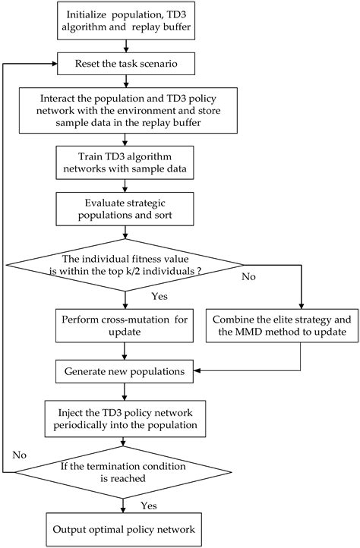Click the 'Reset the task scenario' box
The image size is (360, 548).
tap(126, 64)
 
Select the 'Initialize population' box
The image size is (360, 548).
tap(126, 20)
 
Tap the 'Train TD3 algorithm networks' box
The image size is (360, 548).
tap(125, 162)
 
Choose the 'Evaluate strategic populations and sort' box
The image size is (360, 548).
tap(125, 209)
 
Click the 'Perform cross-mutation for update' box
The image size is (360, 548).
tap(125, 326)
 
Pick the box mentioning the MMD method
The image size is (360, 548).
tap(282, 326)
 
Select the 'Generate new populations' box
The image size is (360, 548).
tap(125, 371)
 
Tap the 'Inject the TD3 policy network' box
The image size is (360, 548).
tap(125, 419)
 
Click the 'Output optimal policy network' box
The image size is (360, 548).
tap(124, 529)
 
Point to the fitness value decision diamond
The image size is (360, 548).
tap(125, 265)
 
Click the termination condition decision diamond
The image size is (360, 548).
tap(123, 472)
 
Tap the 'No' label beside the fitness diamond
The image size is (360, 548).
tap(249, 277)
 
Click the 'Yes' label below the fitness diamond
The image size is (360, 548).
tap(159, 296)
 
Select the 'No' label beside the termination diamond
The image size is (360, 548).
tap(20, 455)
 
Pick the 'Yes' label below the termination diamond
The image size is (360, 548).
tap(149, 505)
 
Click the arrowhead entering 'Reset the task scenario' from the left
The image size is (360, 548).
tap(55, 64)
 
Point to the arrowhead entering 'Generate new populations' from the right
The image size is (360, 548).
tap(197, 370)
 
